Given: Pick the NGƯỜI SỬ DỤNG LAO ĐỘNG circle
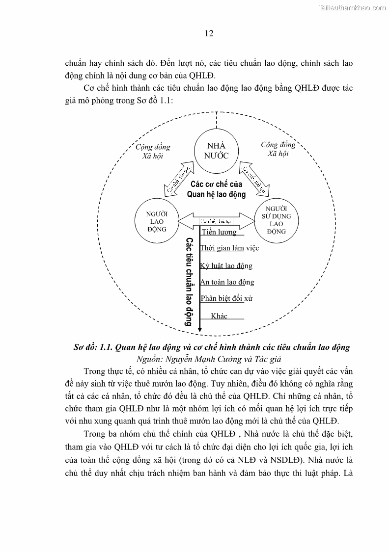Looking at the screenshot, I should pyautogui.click(x=277, y=220).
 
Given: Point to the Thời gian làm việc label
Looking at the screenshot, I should pyautogui.click(x=229, y=248).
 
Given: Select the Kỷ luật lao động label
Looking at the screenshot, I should pyautogui.click(x=226, y=265).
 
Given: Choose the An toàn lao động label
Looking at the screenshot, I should pyautogui.click(x=227, y=282).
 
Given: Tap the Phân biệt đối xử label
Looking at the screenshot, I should pyautogui.click(x=226, y=298).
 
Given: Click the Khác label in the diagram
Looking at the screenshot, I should pyautogui.click(x=219, y=316).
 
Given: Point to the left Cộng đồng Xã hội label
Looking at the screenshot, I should pyautogui.click(x=153, y=151).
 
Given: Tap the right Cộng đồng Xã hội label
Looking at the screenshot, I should pyautogui.click(x=278, y=149).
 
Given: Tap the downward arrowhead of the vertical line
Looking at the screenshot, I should pyautogui.click(x=199, y=328).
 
